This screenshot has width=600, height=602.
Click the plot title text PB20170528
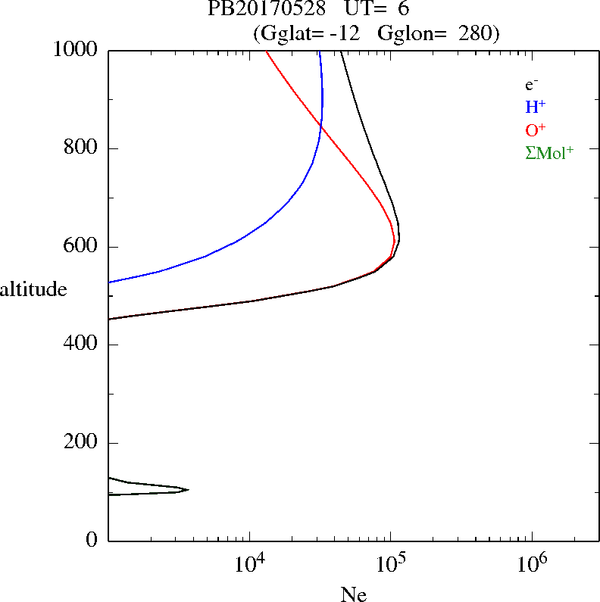[266, 10]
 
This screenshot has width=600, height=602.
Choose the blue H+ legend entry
[535, 108]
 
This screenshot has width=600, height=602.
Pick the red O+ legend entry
[535, 130]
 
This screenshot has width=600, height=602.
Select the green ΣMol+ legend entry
[549, 153]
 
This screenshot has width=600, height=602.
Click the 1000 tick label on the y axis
[76, 50]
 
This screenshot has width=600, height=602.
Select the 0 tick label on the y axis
[93, 541]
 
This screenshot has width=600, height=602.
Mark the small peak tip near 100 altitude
[187, 489]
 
